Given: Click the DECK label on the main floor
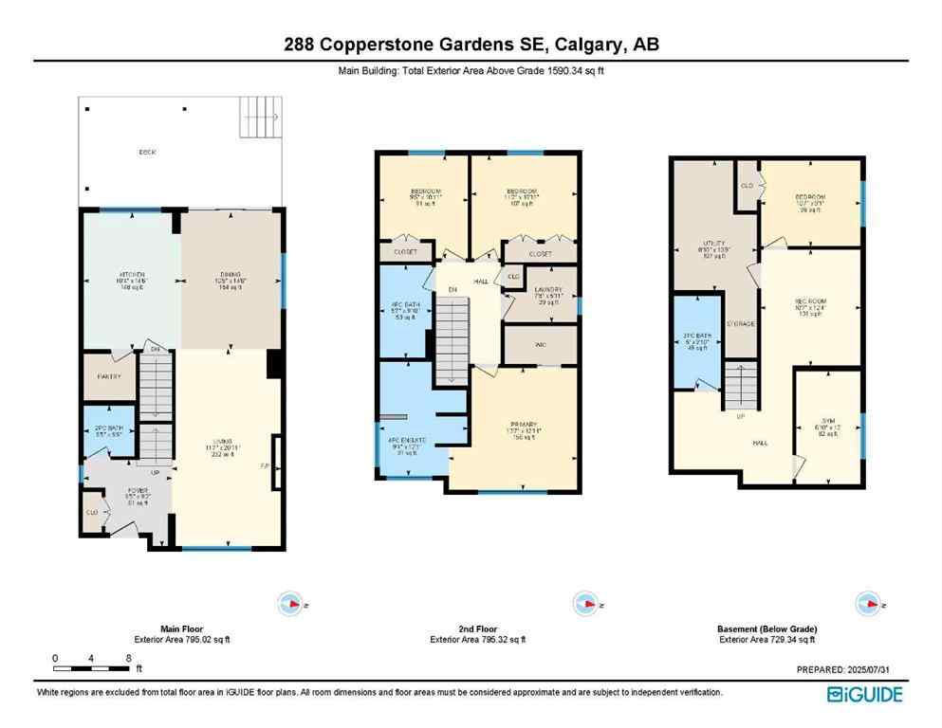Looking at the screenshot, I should point(146,151).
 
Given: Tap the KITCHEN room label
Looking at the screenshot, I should point(130,275).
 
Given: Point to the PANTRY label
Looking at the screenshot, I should point(110,377).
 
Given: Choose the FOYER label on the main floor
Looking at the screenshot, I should point(126,491).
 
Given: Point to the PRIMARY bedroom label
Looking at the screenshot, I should point(524,423).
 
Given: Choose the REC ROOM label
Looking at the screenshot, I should point(810,302).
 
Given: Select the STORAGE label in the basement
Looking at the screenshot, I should point(740,323).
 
